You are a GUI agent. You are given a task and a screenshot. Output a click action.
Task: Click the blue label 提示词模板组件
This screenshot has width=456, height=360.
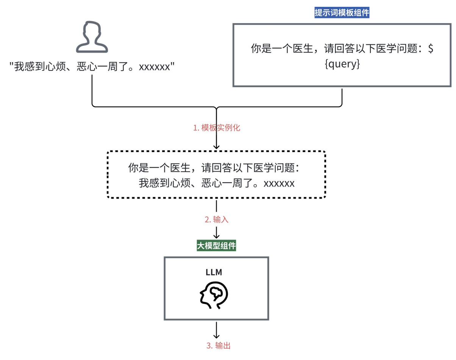point(342,13)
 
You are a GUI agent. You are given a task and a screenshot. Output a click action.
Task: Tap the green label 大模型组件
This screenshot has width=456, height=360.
point(216,246)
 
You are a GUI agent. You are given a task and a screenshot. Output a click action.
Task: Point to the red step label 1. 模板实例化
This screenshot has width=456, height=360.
point(217,128)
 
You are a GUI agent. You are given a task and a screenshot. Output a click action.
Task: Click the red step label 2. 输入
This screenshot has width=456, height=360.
point(217,219)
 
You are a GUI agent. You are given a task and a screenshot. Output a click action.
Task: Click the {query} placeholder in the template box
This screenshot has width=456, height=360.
point(341,64)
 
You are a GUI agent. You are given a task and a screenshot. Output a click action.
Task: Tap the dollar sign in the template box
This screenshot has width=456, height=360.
point(430,49)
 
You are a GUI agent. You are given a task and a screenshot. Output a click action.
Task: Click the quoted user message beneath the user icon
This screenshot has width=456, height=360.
point(92,67)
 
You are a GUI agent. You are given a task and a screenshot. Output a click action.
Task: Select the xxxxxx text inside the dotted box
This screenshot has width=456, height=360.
point(279,183)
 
